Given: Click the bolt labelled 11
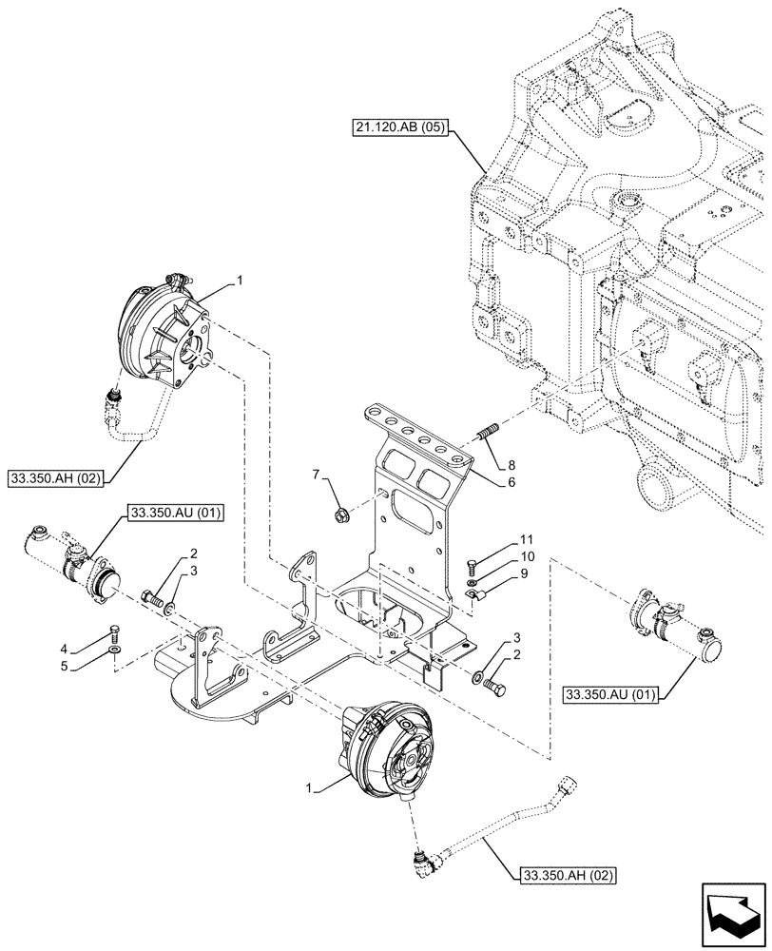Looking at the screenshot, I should pyautogui.click(x=471, y=567).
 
